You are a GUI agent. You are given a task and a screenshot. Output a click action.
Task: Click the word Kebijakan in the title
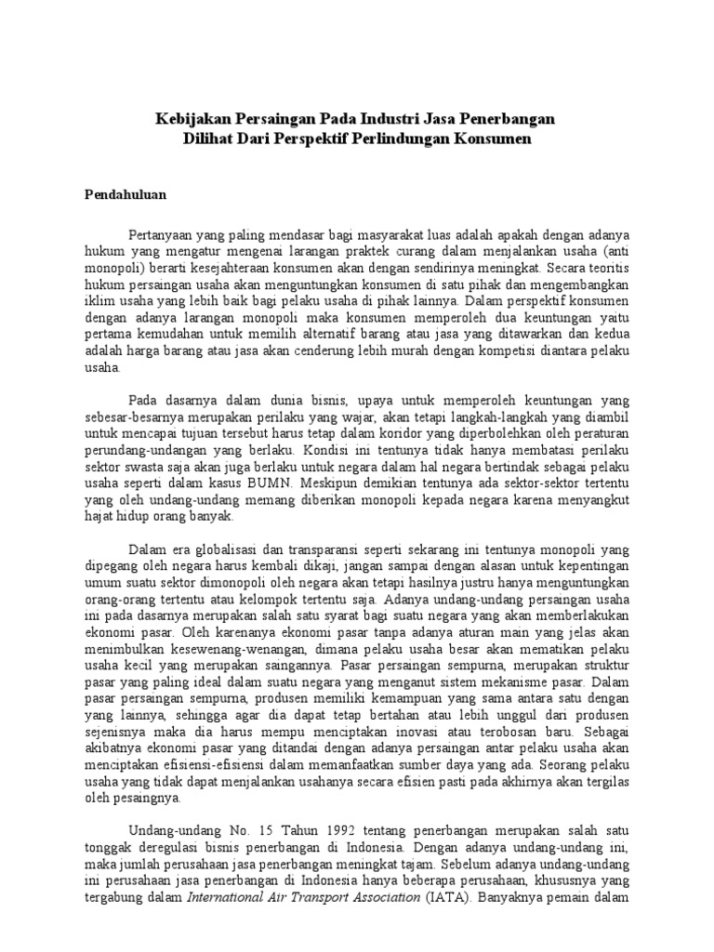pyautogui.click(x=191, y=120)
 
